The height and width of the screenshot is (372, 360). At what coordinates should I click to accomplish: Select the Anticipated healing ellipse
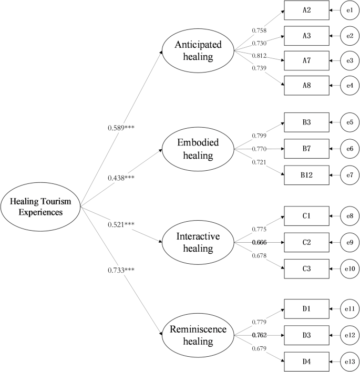[198, 51]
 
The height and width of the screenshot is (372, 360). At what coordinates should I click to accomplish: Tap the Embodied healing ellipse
[198, 149]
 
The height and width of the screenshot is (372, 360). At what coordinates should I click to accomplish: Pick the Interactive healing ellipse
[198, 242]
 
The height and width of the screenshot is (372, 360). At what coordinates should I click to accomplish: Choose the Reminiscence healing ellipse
[198, 335]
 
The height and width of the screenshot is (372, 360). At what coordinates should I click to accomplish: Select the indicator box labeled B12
[307, 175]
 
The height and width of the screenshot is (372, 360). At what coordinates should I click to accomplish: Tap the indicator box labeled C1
[307, 215]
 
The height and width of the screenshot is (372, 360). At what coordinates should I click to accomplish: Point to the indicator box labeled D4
[307, 361]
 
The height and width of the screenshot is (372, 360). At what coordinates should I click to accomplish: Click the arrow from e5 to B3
[334, 123]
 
